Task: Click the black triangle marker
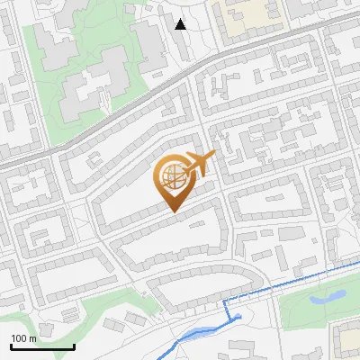pos(181,24)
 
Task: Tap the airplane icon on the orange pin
pos(199,164)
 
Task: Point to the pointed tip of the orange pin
pos(173,211)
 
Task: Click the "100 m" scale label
pos(23,338)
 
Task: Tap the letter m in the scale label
pos(32,338)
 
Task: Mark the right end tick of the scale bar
pos(74,346)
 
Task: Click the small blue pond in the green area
pos(325,295)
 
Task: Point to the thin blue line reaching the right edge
pos(297,281)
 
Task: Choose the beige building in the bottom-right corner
pos(347,340)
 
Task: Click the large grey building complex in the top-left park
pos(94,81)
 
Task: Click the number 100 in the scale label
pos(19,338)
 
